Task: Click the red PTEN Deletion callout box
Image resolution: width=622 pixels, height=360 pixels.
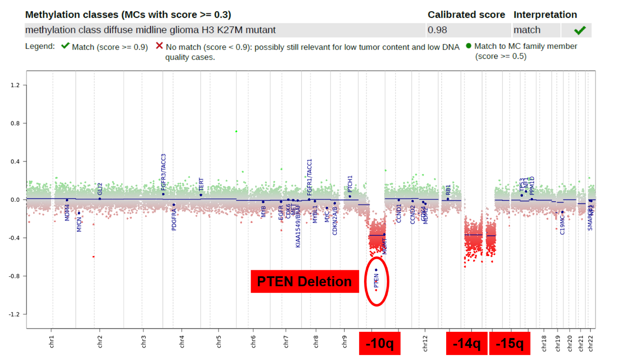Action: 305,281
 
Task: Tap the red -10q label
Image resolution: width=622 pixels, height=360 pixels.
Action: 379,344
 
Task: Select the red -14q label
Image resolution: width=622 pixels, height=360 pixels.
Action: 466,344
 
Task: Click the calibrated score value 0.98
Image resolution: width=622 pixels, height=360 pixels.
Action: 437,30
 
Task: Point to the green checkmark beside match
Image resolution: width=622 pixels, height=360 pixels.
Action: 580,30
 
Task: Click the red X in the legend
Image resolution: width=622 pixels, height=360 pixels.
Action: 159,46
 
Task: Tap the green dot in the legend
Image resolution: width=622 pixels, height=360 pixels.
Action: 469,46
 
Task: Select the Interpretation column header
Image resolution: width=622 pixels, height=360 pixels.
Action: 545,15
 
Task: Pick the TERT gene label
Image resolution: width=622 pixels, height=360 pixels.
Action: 201,184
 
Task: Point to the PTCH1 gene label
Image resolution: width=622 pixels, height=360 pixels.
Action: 350,184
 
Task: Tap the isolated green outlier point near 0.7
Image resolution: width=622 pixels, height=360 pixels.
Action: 236,131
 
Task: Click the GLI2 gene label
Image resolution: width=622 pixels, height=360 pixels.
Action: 100,189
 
